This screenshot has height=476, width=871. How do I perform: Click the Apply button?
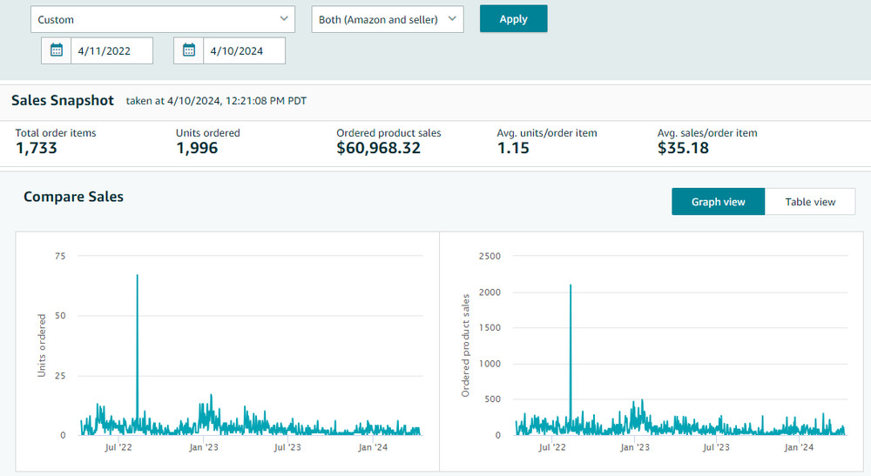point(513,19)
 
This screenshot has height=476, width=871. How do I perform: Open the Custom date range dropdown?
point(163,19)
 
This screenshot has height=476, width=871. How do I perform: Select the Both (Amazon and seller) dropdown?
point(388,19)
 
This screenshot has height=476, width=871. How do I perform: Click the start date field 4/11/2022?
point(111,51)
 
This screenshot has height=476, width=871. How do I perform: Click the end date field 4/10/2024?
point(244,51)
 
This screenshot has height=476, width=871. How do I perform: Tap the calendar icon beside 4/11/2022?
point(57,50)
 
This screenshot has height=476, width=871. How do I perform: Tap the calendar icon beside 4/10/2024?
point(189,50)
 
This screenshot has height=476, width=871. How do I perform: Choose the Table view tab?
point(810,202)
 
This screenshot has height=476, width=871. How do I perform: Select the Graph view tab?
point(719,202)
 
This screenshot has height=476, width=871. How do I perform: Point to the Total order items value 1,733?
point(36,148)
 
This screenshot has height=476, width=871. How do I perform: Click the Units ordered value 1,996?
point(197,148)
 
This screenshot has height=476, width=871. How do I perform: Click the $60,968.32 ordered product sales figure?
point(378,148)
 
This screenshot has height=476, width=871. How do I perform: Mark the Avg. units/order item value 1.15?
point(513,148)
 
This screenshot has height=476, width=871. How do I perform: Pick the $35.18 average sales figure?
point(683,148)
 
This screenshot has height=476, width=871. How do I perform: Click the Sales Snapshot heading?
point(62,100)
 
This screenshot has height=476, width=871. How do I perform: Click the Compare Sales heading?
point(73,197)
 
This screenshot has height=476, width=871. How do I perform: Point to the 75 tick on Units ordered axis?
point(60,256)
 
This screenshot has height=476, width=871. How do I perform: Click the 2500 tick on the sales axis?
point(490,256)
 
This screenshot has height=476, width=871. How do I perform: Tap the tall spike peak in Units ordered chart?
point(138,275)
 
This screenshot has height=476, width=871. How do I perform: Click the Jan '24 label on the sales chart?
point(798,447)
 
